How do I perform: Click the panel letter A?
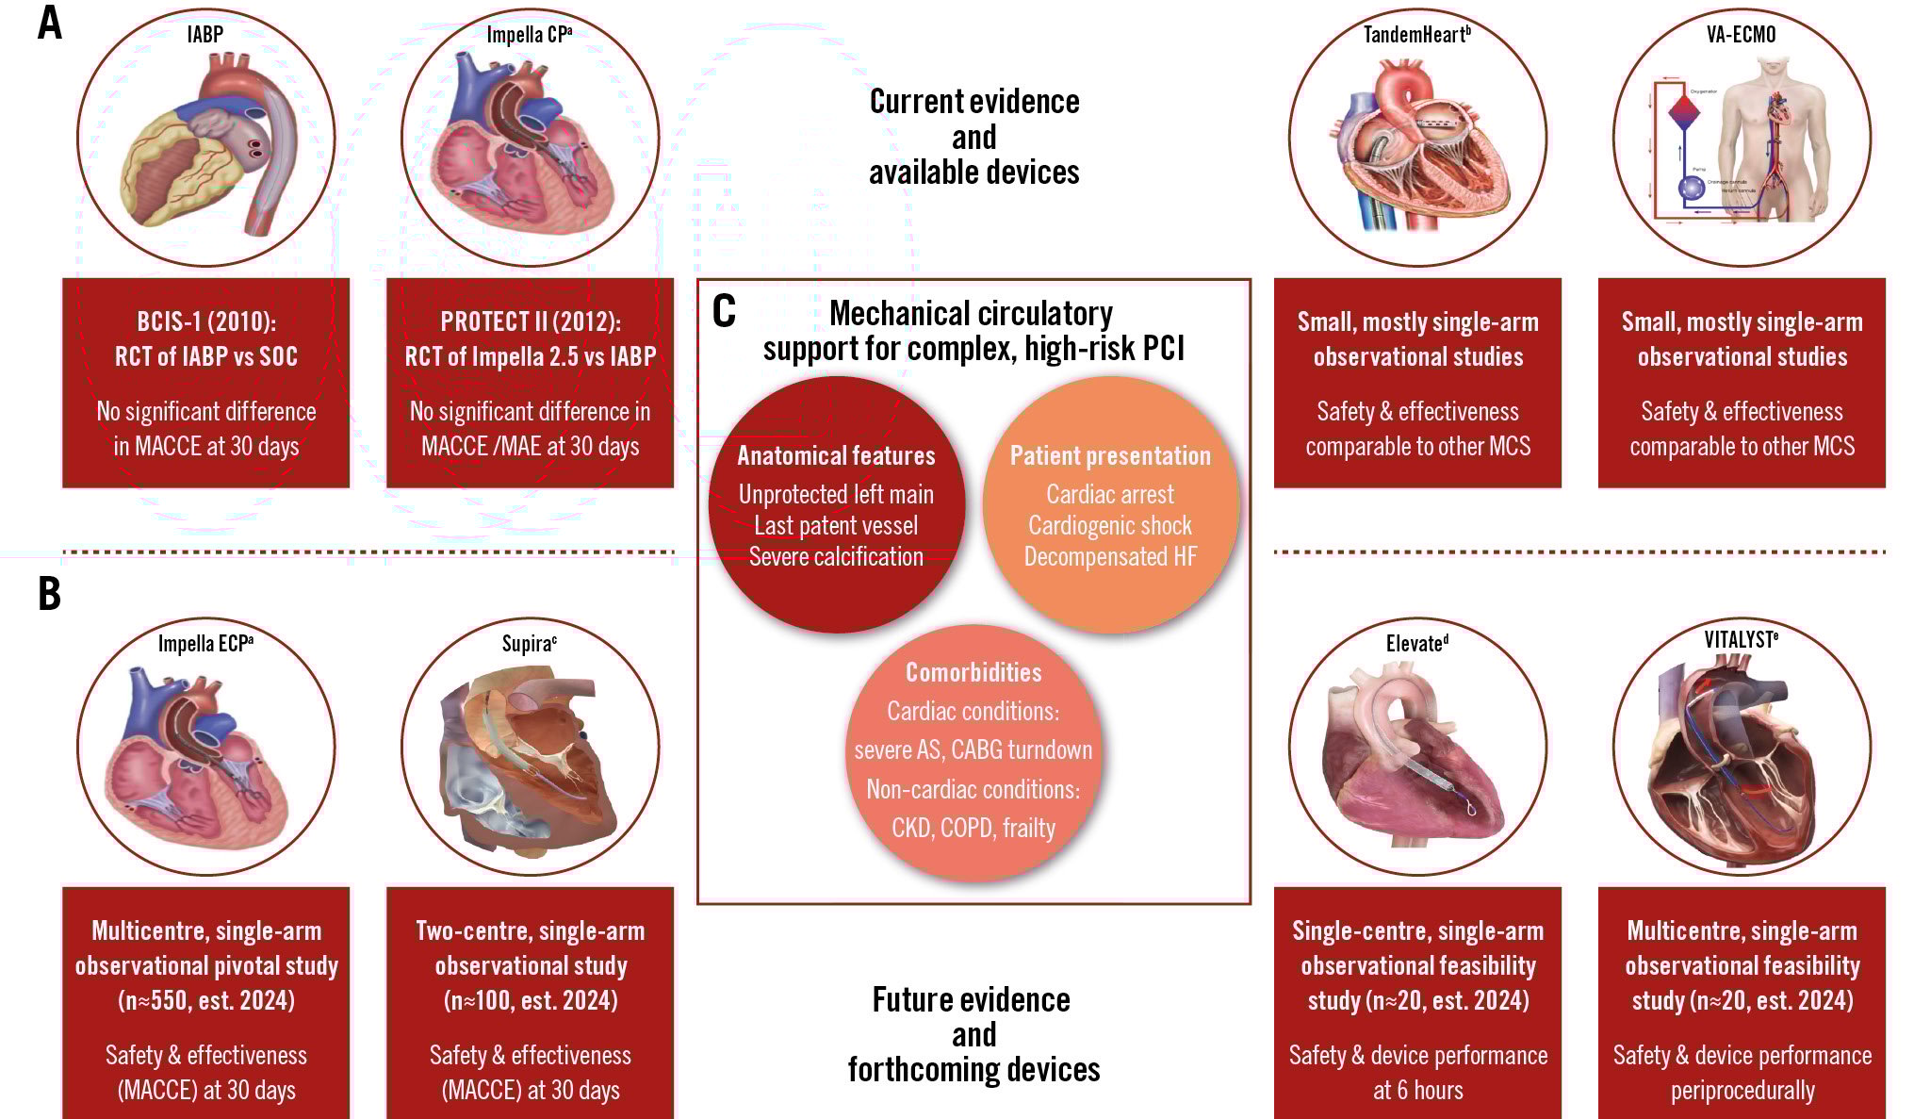click(50, 24)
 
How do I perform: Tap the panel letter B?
click(49, 594)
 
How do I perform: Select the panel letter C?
click(724, 311)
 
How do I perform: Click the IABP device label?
click(205, 35)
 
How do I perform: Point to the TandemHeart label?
click(1416, 35)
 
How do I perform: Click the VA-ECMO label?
click(1741, 35)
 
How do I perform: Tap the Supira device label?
click(529, 644)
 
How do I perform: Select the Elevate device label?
click(1416, 644)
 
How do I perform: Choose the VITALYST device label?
click(1741, 640)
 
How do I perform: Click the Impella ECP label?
click(205, 644)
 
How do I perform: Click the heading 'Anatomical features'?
click(836, 456)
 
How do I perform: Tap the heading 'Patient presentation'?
click(1110, 456)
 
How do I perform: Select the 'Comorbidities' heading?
click(973, 672)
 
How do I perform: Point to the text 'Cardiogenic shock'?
click(1110, 525)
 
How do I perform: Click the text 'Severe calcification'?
click(836, 556)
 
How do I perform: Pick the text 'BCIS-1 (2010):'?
click(206, 322)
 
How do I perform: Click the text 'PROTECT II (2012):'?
click(531, 322)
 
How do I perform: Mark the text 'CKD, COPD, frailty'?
click(973, 828)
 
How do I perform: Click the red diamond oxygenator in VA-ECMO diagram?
click(1684, 112)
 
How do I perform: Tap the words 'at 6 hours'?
click(1417, 1091)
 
